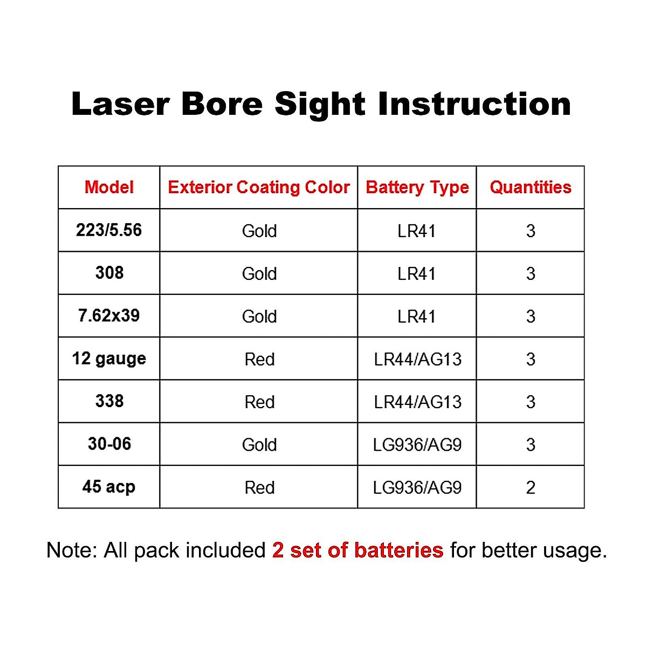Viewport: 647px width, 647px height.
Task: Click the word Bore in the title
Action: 222,104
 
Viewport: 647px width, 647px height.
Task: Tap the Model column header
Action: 109,187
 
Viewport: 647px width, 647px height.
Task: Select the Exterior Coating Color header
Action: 259,187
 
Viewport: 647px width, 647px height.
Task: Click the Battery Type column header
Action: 417,187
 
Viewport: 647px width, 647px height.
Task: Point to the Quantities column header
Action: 531,187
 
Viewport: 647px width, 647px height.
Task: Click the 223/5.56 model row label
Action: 109,230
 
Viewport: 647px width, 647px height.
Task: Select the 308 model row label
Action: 109,273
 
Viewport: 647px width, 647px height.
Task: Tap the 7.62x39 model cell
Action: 109,315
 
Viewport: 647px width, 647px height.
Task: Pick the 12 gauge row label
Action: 109,359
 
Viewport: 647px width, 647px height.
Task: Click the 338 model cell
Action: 109,401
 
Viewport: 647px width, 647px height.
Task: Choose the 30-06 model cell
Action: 109,444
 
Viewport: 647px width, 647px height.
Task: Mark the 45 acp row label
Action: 109,487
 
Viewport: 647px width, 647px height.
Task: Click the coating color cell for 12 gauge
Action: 259,359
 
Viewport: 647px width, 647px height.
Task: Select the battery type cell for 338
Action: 417,402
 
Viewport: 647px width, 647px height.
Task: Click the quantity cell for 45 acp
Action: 531,487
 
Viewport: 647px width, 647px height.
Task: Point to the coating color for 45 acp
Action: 259,487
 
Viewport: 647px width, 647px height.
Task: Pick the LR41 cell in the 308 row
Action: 417,273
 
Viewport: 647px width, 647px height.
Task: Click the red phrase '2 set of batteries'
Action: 357,550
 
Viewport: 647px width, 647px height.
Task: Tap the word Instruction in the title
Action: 474,104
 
